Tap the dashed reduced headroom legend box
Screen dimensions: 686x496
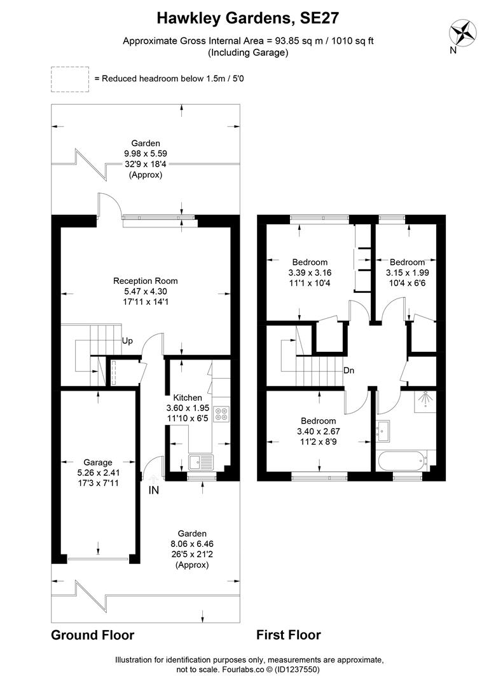tap(70, 79)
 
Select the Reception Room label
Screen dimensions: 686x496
tap(145, 281)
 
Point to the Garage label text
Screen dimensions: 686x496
tap(98, 462)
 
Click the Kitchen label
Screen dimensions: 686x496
tap(188, 398)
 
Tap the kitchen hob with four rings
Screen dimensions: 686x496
tap(222, 414)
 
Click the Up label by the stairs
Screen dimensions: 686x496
tap(127, 341)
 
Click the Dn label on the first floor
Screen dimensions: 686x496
tap(348, 370)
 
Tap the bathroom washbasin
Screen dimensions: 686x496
tap(383, 430)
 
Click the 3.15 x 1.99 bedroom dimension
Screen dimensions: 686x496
tap(407, 272)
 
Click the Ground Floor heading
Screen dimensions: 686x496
tap(92, 635)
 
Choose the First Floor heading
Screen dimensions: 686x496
tap(288, 635)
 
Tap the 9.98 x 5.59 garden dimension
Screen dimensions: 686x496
tap(145, 154)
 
